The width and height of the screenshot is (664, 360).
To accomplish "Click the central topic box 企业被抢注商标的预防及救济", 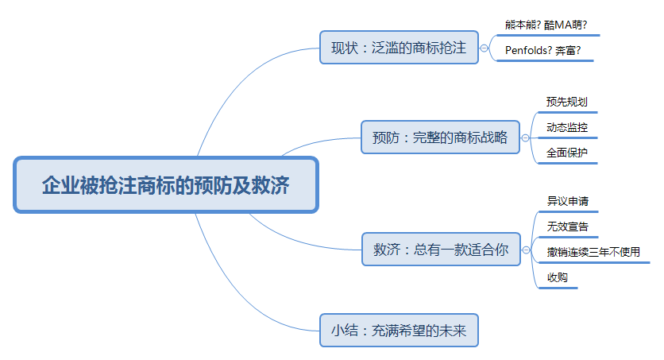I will [165, 185].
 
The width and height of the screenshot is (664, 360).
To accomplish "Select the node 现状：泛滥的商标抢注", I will [399, 48].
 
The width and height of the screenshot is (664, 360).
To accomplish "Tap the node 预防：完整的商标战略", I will [440, 137].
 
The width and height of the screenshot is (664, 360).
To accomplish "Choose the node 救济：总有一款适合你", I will [440, 249].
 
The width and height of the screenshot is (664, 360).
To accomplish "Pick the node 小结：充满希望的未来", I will [399, 330].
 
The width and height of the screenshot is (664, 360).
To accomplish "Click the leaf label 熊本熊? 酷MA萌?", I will [546, 25].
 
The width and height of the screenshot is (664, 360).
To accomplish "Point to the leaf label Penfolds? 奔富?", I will [543, 51].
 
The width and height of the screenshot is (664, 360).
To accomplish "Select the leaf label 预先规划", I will [566, 102].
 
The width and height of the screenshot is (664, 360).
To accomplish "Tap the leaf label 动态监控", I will [566, 127].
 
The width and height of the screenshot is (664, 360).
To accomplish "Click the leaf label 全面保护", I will [566, 153].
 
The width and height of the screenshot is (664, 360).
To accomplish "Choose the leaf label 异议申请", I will [567, 201].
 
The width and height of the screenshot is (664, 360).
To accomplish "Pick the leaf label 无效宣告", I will [567, 226].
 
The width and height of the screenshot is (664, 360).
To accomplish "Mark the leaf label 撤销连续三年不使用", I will [593, 252].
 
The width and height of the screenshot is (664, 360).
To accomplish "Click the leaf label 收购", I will [557, 277].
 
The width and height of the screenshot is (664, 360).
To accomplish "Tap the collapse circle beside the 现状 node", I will [484, 48].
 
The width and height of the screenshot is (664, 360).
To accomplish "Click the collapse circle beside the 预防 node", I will [525, 137].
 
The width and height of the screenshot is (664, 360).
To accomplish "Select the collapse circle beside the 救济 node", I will [525, 250].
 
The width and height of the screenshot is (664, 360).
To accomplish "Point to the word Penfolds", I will [526, 51].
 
